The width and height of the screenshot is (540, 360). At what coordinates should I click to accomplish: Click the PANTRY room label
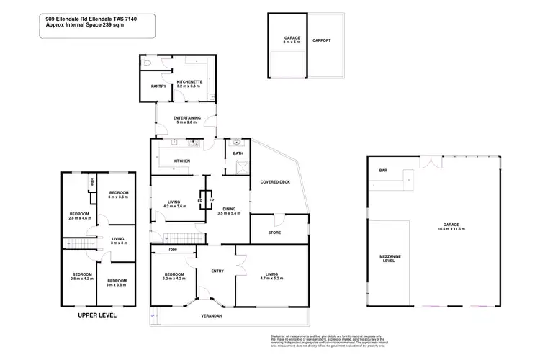[x=159, y=87]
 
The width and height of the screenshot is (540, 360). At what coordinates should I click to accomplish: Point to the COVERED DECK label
[x=274, y=182]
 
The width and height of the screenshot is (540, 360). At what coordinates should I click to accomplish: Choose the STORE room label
[x=274, y=233]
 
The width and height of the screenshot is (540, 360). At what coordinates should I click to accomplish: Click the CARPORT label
[x=322, y=41]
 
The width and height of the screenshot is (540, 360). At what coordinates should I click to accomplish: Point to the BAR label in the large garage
[x=383, y=171]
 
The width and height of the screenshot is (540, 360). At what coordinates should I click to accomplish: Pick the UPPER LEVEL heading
[x=96, y=315]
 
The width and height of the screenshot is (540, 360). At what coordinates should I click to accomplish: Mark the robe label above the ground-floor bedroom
[x=173, y=249]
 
